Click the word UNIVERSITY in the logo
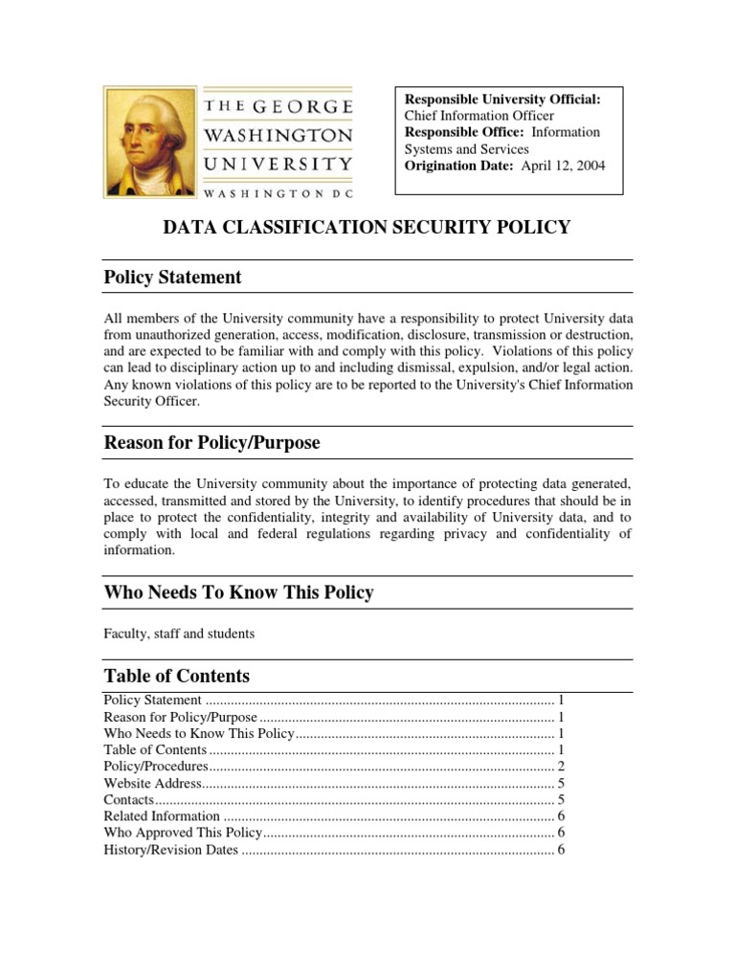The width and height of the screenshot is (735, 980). click(278, 164)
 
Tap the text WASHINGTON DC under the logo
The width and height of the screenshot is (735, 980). click(278, 192)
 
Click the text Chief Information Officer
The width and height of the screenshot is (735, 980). click(479, 117)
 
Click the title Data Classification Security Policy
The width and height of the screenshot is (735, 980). click(367, 227)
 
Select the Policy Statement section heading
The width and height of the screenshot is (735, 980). click(172, 278)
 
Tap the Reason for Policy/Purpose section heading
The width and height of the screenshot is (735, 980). click(212, 443)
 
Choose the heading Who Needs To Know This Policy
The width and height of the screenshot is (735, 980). click(238, 593)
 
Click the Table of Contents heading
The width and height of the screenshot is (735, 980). click(176, 676)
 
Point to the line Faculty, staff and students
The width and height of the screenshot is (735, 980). click(179, 634)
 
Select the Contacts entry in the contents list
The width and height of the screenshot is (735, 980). click(128, 799)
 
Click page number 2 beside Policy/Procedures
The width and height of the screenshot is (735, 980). click(562, 767)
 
